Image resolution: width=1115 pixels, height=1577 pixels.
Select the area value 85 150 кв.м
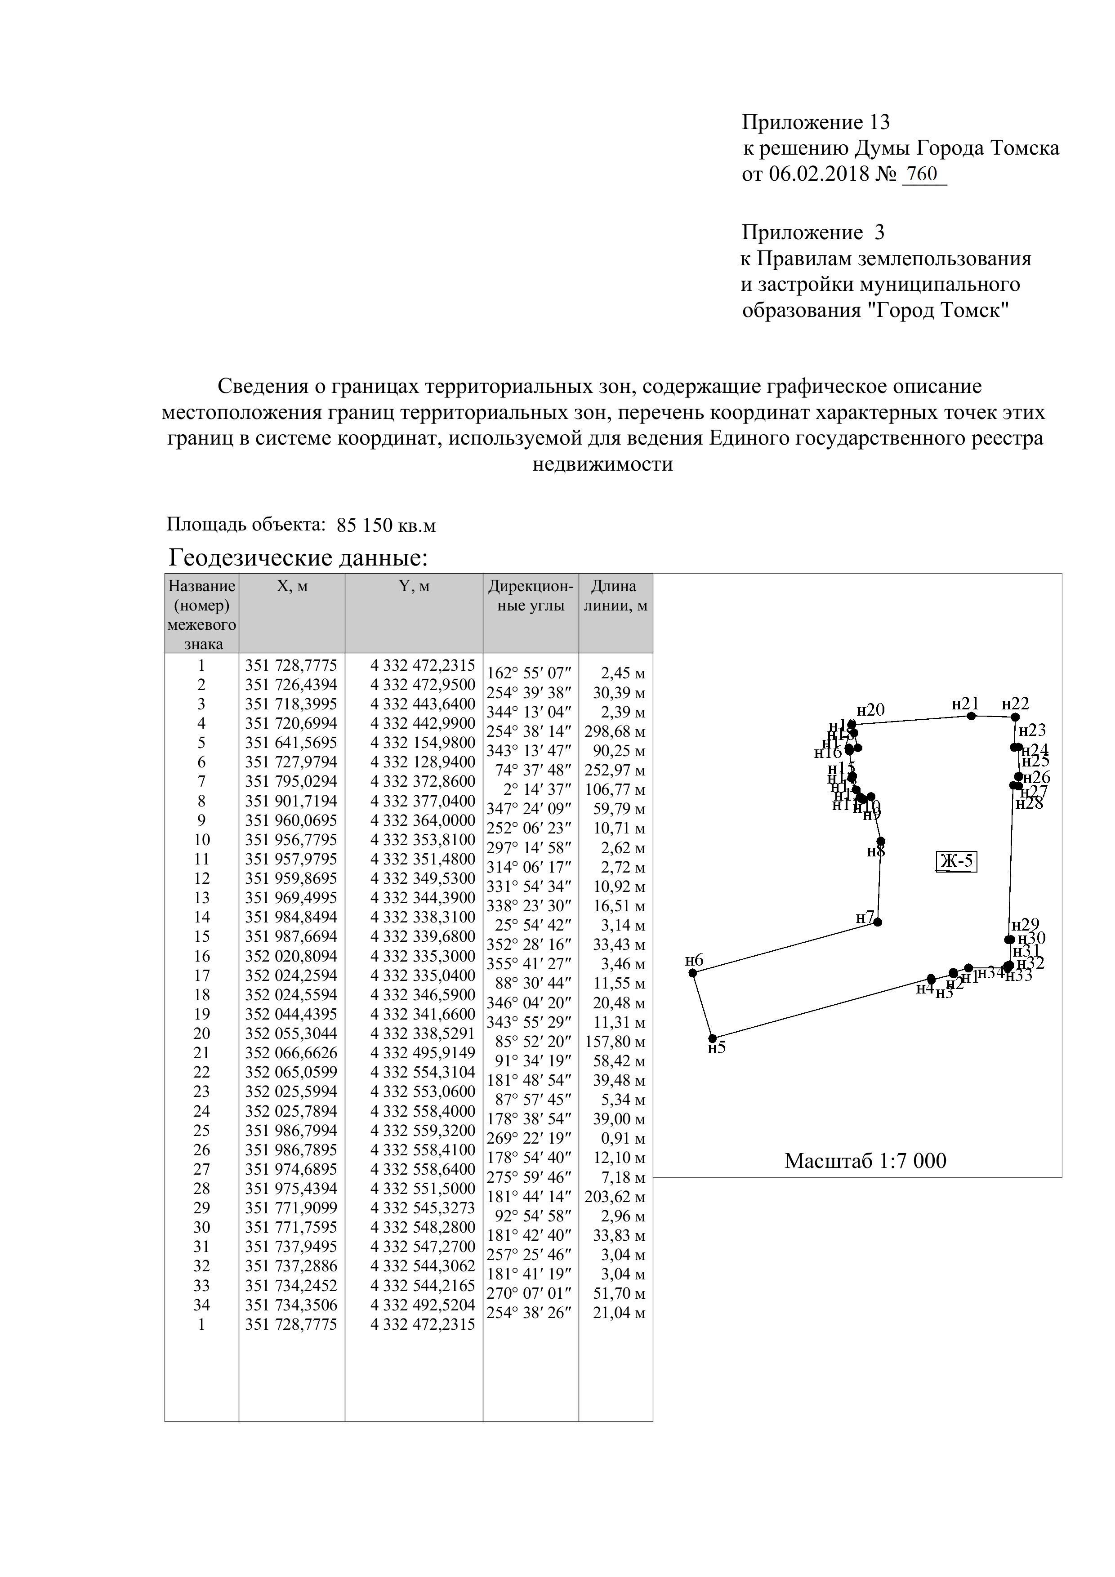(387, 526)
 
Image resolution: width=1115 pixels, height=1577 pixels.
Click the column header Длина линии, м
(615, 596)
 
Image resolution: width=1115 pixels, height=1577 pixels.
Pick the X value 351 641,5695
(291, 743)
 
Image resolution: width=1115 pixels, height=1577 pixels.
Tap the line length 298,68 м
(615, 731)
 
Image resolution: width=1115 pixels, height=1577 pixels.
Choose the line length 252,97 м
(615, 770)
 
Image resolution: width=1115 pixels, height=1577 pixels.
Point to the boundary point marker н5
(713, 1038)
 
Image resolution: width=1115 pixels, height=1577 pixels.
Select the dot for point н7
(877, 922)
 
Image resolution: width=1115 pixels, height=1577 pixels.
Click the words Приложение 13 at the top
(816, 122)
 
